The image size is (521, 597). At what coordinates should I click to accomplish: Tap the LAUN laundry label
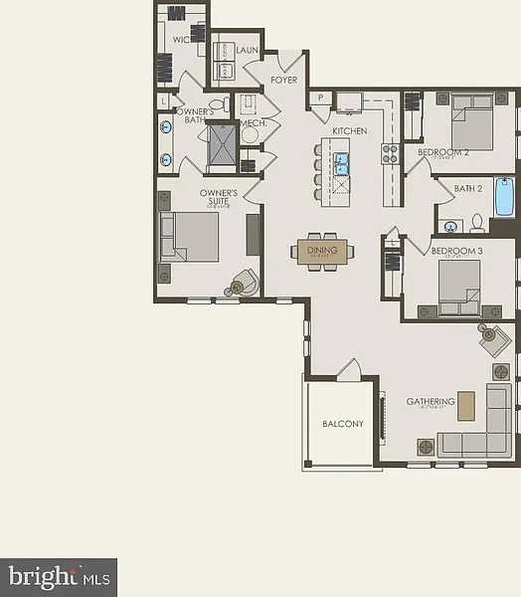tap(247, 49)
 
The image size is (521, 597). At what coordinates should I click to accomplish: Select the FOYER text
tap(283, 80)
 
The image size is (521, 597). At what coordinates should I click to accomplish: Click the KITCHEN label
tap(349, 131)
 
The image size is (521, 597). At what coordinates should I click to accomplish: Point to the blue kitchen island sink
tap(342, 159)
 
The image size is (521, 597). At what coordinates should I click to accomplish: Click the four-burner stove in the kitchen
tap(391, 154)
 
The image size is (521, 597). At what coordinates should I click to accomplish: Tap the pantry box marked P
tap(321, 97)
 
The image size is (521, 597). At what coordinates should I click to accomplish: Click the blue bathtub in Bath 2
tap(503, 197)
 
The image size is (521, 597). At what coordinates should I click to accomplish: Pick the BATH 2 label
tap(467, 188)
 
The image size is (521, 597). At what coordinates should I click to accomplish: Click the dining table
tap(322, 253)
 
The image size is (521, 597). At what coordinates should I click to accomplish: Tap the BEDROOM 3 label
tap(456, 252)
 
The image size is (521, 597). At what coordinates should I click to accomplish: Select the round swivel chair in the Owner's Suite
tap(243, 285)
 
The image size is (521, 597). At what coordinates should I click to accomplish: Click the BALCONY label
tap(342, 424)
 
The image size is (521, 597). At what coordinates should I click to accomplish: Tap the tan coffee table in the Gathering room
tap(465, 405)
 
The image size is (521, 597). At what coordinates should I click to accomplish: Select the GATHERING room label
tap(430, 402)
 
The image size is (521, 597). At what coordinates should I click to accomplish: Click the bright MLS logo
tap(58, 575)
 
